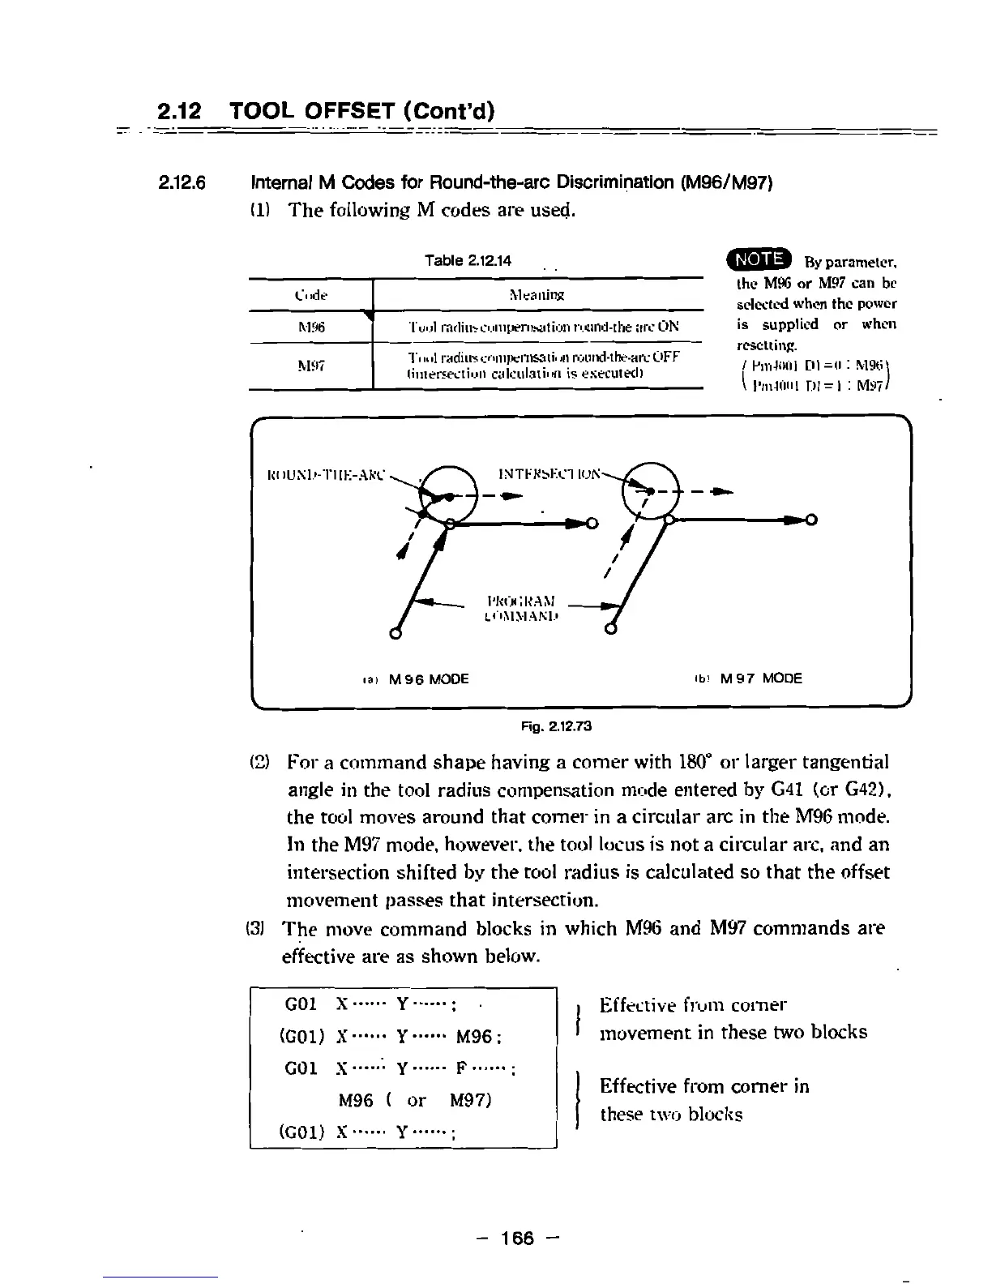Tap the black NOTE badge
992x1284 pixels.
[760, 259]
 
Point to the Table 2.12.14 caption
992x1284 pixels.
[468, 260]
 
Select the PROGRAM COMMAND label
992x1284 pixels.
[519, 608]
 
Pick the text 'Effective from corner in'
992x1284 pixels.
[703, 1086]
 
